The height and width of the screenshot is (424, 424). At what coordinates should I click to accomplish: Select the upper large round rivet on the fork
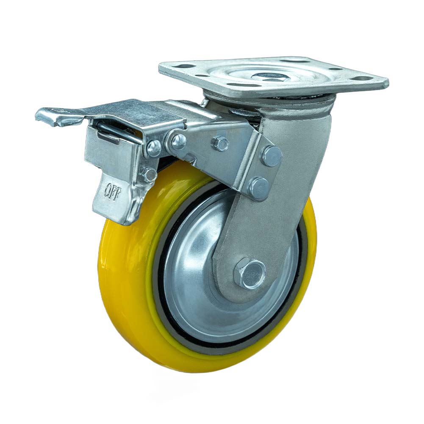pos(271,156)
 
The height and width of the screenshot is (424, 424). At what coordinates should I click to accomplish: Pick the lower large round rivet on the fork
pos(259,188)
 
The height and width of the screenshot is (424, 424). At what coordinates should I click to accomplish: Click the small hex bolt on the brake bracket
pos(221,144)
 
